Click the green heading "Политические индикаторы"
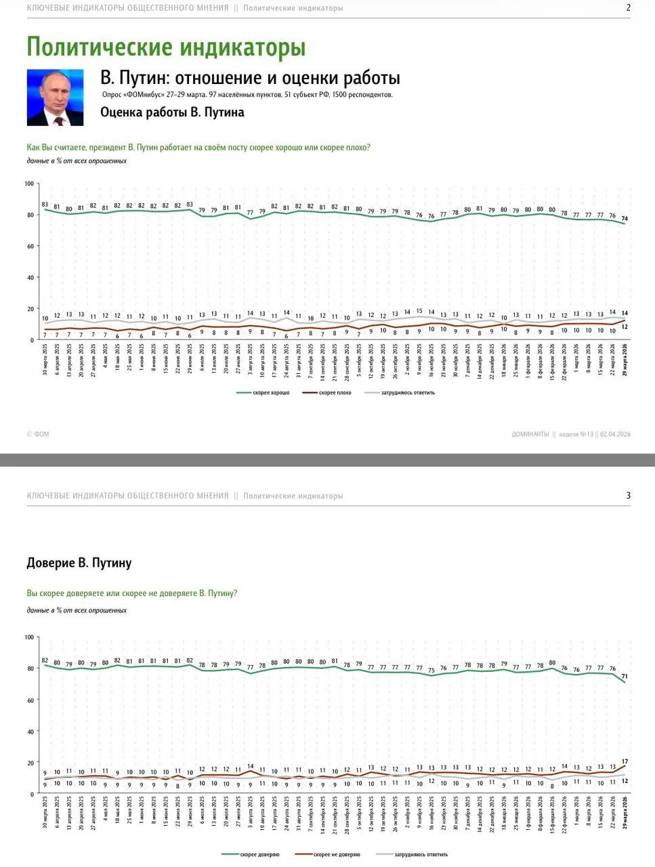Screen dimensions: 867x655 166,47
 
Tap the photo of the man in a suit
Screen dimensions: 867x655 55,98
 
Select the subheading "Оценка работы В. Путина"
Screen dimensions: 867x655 172,112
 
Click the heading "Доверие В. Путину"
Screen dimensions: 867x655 79,563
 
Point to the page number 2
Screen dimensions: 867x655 628,8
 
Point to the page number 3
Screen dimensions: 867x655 628,496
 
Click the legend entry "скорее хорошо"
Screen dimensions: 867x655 270,393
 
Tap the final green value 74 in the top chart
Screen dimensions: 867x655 625,219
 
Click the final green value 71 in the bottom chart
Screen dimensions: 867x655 625,676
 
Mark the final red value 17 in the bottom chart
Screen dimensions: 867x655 625,762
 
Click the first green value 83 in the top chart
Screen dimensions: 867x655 45,204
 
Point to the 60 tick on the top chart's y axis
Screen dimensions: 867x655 30,247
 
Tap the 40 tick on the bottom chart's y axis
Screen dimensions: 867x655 30,732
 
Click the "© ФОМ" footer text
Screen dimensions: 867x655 38,434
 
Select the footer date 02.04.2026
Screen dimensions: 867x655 615,434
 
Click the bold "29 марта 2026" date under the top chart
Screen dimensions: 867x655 625,364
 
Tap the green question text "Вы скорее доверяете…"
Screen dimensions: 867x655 132,593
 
